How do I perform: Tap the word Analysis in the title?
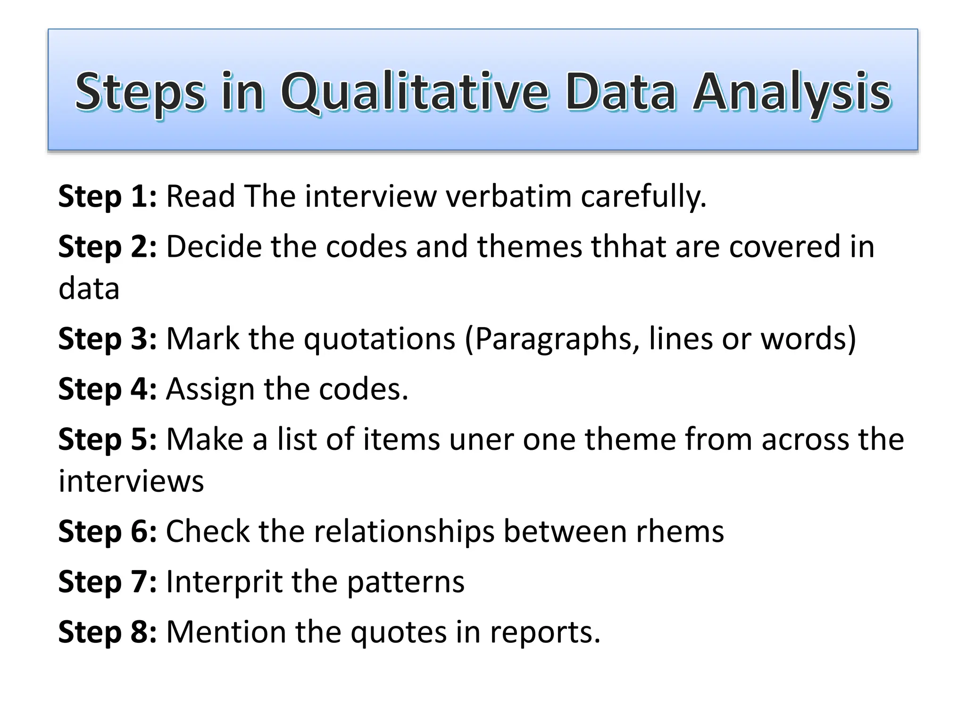pyautogui.click(x=791, y=92)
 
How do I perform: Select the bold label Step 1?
pyautogui.click(x=107, y=196)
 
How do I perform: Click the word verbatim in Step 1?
pyautogui.click(x=509, y=196)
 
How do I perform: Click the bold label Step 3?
pyautogui.click(x=107, y=339)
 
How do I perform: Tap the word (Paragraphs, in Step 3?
pyautogui.click(x=552, y=339)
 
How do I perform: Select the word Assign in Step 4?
pyautogui.click(x=210, y=389)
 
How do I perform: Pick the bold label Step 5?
pyautogui.click(x=107, y=439)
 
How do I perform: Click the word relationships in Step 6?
pyautogui.click(x=404, y=531)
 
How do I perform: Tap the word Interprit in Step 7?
pyautogui.click(x=224, y=582)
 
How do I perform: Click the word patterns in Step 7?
pyautogui.click(x=406, y=582)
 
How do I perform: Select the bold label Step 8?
pyautogui.click(x=107, y=632)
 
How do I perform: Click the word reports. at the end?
pyautogui.click(x=545, y=632)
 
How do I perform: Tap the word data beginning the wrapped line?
pyautogui.click(x=89, y=289)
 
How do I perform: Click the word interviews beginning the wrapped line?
pyautogui.click(x=131, y=481)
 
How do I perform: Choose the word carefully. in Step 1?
pyautogui.click(x=643, y=196)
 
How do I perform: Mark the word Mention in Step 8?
pyautogui.click(x=226, y=632)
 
